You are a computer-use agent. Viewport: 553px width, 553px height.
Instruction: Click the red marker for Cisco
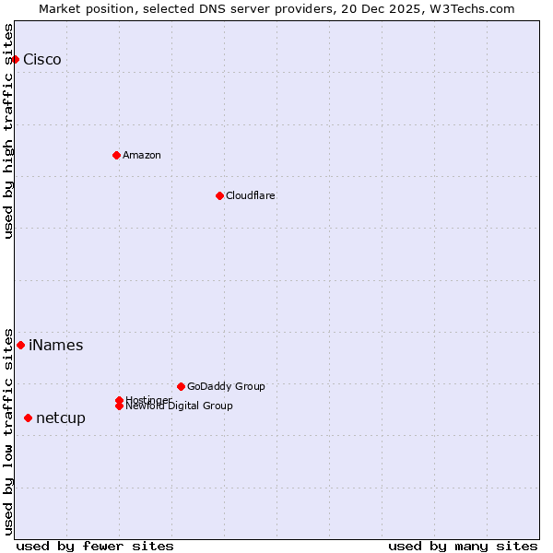(15, 59)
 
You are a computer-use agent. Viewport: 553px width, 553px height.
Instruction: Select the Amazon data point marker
(116, 155)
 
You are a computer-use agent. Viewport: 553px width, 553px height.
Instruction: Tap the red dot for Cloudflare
(219, 195)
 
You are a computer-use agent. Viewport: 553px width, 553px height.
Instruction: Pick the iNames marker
(20, 345)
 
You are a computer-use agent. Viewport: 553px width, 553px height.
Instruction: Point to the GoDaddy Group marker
(181, 386)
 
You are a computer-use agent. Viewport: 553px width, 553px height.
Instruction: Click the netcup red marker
(28, 418)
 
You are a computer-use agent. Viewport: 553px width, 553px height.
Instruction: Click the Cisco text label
(42, 60)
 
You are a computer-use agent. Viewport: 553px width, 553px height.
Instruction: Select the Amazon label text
(142, 155)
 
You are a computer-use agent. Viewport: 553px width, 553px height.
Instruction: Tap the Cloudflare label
(251, 195)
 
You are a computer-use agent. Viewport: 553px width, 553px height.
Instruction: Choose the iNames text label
(56, 346)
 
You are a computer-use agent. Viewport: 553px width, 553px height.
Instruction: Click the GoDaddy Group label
(226, 386)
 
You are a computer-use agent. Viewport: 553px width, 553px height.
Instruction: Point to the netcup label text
(61, 418)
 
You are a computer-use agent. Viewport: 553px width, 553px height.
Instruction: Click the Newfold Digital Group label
(180, 406)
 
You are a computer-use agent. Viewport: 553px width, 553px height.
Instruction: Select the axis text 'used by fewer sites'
(95, 546)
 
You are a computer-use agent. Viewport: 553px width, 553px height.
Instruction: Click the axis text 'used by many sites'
(463, 546)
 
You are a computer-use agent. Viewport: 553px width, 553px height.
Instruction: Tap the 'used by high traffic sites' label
(8, 131)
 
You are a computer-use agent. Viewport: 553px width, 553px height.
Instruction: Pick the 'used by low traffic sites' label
(8, 430)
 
